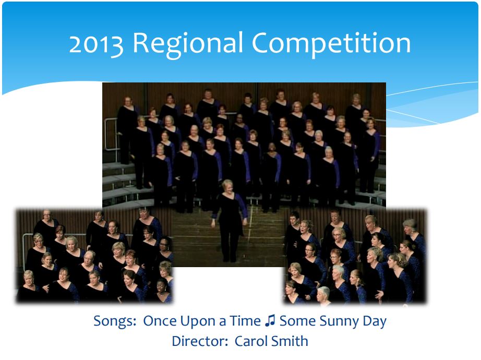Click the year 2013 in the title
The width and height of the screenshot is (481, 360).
coord(96,44)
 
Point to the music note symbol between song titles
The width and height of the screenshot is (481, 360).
coord(270,321)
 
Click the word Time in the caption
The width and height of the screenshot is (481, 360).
coord(245,321)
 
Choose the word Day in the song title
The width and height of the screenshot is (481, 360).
coord(375,321)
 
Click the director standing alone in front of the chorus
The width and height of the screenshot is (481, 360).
coord(230,220)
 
